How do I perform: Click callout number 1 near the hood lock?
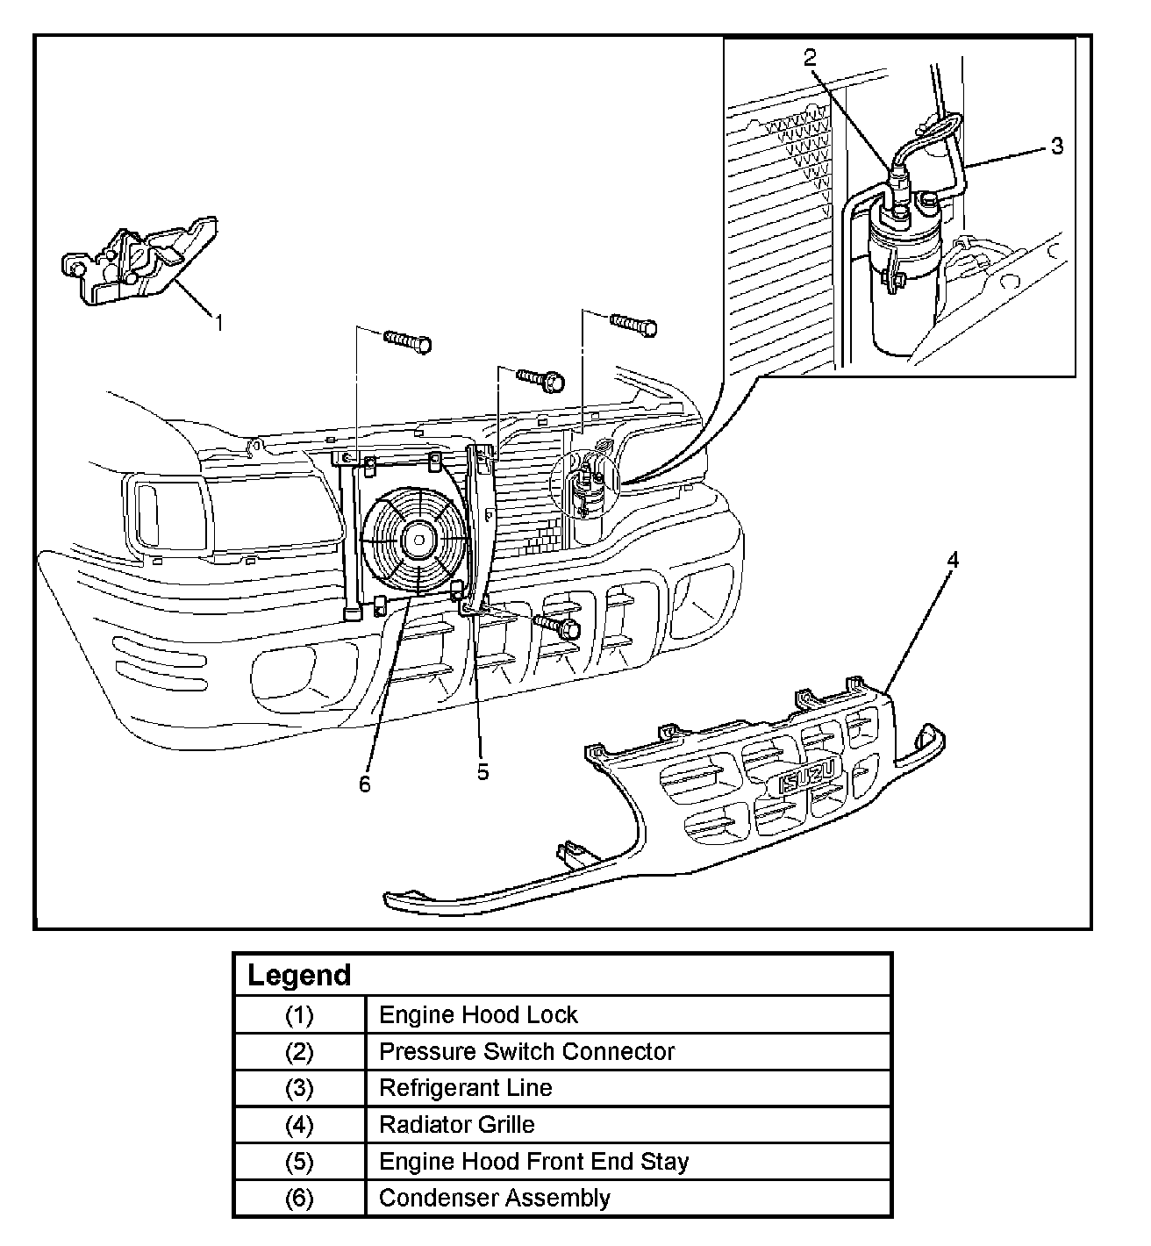(219, 322)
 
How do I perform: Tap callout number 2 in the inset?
(809, 58)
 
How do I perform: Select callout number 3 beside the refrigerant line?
(1056, 146)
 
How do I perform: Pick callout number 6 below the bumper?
(365, 784)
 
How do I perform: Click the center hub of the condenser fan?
(418, 540)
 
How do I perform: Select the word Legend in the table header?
(299, 975)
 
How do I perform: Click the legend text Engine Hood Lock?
(478, 1015)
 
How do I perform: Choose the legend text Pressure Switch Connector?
(526, 1051)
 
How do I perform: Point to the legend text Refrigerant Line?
(465, 1088)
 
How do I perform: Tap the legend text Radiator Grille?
(456, 1124)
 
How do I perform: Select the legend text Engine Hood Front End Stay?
(533, 1161)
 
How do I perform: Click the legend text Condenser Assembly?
(494, 1198)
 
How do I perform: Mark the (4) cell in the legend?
(299, 1124)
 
